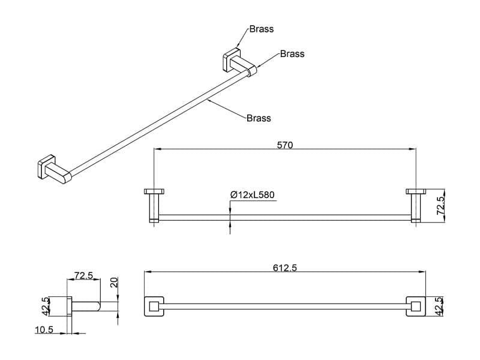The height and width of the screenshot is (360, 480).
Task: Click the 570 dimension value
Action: tap(284, 145)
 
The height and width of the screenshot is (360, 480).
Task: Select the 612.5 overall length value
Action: tap(284, 268)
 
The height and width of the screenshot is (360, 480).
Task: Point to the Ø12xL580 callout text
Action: tap(253, 194)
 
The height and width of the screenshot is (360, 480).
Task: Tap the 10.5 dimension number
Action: tap(44, 329)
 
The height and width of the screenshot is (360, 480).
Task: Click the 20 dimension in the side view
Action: tap(114, 282)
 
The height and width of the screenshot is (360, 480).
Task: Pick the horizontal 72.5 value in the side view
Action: tap(83, 275)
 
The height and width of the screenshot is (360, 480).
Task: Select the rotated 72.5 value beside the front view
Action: tap(440, 205)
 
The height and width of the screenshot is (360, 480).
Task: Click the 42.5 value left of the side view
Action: tap(46, 306)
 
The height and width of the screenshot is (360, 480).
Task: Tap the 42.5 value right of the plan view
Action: tap(439, 306)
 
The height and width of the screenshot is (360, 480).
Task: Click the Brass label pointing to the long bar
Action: tap(259, 118)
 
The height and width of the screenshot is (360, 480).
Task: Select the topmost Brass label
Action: tap(262, 29)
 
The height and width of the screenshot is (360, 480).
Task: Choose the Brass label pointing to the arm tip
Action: tap(292, 54)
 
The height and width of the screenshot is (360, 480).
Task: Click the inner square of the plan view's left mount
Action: tap(154, 306)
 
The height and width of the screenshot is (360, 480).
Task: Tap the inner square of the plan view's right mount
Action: tap(416, 306)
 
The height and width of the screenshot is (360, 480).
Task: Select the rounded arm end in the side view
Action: tap(98, 306)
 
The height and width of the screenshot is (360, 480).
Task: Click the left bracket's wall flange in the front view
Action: tap(154, 191)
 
